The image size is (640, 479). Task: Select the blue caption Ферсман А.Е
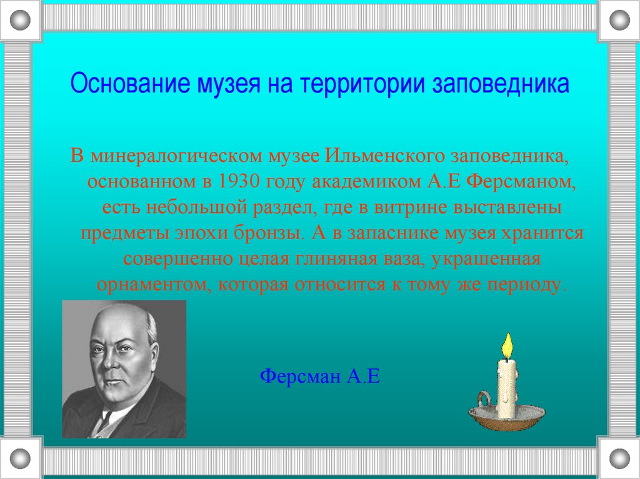coord(319,377)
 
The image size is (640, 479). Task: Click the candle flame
coord(507,344)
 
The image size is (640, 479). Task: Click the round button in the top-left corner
coord(21,21)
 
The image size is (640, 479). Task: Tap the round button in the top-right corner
coord(619,21)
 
